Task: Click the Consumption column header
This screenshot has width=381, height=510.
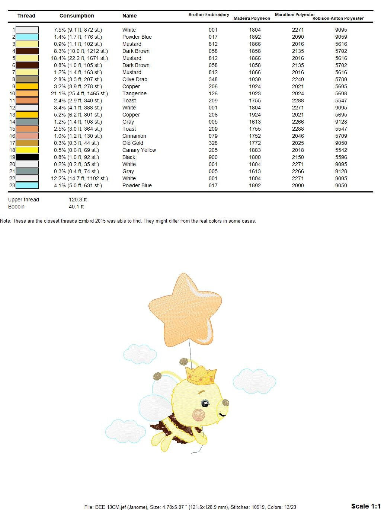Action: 77,16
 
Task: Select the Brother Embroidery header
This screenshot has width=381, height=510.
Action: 209,15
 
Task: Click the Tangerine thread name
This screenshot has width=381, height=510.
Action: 134,93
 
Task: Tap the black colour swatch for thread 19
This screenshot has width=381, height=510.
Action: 27,157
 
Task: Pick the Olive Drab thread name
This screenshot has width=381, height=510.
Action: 135,79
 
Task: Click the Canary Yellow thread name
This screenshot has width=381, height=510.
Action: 139,150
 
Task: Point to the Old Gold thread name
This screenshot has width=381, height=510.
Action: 133,143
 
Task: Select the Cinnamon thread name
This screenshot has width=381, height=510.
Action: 134,136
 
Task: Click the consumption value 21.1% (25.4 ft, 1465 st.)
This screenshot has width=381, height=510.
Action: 79,93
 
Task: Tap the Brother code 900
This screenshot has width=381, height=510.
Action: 213,157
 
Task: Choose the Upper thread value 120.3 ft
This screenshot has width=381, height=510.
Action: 78,200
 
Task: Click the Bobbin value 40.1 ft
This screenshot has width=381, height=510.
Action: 76,207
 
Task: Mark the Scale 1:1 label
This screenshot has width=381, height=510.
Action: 366,506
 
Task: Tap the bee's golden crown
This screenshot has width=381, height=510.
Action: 201,375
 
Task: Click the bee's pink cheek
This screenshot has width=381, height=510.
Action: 199,415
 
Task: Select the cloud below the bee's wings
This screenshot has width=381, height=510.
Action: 125,431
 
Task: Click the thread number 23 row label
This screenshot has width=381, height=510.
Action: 12,185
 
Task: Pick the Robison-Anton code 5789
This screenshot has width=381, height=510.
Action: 341,79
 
